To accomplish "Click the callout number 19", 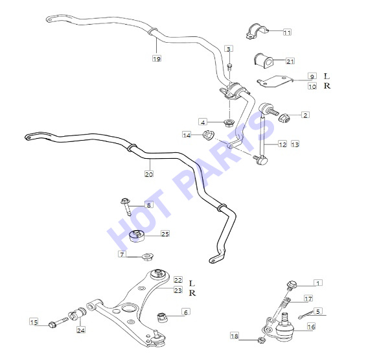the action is coord(157,58).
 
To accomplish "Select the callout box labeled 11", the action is coord(287,32).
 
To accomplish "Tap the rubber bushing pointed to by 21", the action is coord(263,60).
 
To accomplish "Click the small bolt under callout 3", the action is coord(229,67).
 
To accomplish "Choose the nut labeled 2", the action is coord(284,117).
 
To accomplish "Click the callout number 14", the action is coord(187,135).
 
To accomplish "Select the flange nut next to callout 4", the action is coord(229,123).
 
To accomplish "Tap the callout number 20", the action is coord(149,174).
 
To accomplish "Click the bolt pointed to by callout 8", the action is coord(126,206).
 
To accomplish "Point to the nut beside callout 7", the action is coord(147,256).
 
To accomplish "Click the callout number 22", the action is coord(178,280).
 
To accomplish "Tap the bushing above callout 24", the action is coord(77,314).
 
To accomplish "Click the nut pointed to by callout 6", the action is coord(162,317).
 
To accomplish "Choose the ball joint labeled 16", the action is coord(284,327).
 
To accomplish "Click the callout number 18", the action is coord(235,336).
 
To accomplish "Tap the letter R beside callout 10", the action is coord(327,86).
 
